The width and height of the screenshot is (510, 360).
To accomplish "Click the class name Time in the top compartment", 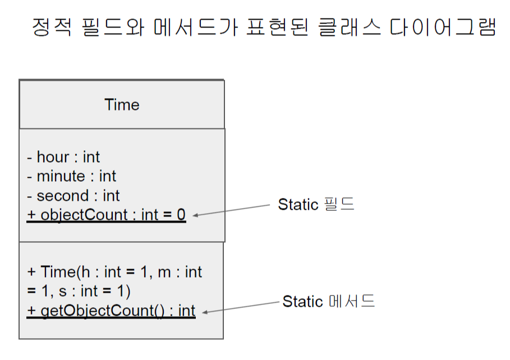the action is coord(122,105).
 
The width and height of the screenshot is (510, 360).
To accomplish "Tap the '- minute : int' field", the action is coord(71,177).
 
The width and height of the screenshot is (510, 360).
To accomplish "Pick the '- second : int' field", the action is coord(73,196).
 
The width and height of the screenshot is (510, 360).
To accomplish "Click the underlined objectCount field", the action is coord(106,215).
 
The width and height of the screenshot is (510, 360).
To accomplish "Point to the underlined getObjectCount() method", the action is coord(111,311).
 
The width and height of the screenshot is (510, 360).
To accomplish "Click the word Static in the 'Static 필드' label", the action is coord(298,205).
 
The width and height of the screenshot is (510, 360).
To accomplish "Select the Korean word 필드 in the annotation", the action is coord(339,205).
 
